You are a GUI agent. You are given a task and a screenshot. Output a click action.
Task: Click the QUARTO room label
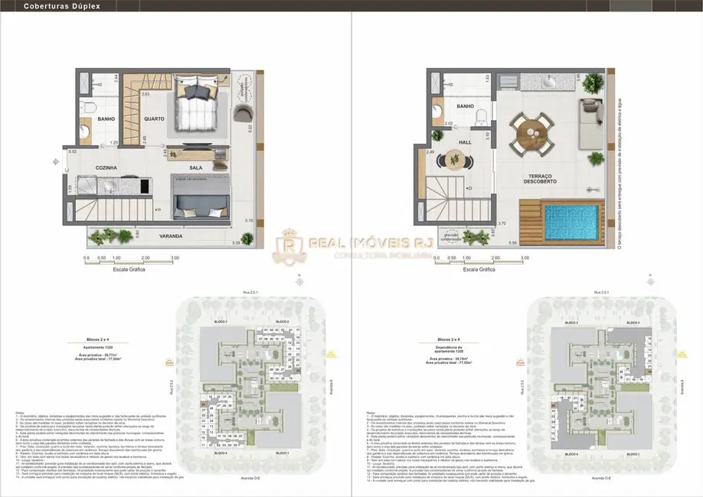[154, 119]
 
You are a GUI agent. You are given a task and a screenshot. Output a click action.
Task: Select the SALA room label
[196, 167]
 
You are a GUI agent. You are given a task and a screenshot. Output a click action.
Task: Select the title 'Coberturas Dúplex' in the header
[51, 5]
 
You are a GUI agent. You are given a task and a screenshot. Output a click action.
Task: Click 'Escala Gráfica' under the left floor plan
[129, 269]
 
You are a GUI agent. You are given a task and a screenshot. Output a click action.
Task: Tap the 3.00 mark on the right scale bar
[524, 258]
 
